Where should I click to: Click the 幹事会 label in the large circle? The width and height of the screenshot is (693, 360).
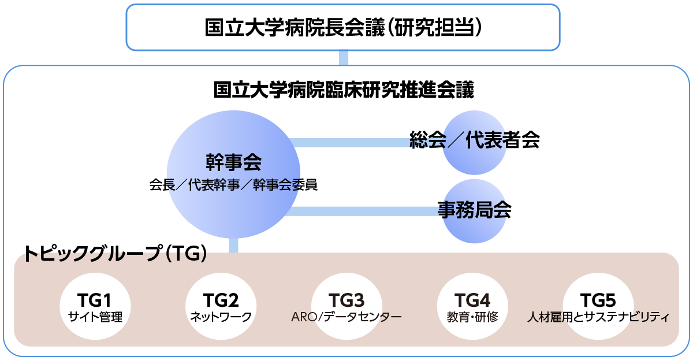click(233, 162)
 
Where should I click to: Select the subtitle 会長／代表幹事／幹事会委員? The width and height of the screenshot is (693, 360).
click(233, 185)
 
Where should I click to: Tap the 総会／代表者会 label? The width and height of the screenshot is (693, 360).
click(474, 140)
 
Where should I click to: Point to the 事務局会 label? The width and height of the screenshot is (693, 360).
click(474, 209)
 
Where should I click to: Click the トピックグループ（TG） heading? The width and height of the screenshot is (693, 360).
click(115, 253)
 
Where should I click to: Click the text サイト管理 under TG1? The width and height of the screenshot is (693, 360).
click(95, 317)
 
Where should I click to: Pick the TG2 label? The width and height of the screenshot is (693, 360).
click(221, 300)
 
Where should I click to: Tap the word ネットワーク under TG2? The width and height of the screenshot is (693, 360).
click(221, 317)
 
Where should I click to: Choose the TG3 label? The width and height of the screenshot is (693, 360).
click(346, 300)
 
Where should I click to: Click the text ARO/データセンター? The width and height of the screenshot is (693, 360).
click(346, 317)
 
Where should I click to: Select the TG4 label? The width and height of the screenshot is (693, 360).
click(472, 300)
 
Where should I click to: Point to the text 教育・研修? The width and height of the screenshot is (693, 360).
click(472, 317)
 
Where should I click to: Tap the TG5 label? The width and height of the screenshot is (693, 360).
click(598, 300)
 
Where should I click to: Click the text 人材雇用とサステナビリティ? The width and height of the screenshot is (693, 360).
click(598, 317)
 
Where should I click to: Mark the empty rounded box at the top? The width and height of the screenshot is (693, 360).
click(343, 27)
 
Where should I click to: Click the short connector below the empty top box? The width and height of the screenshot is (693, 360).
click(344, 58)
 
